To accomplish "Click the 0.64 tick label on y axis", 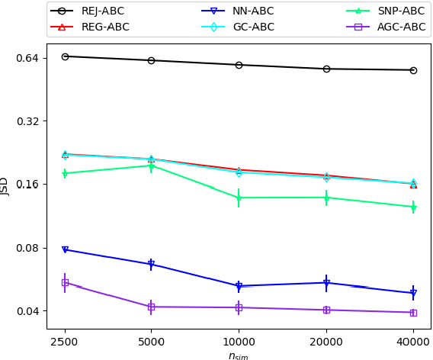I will pyautogui.click(x=27, y=58).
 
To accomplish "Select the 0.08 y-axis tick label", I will pyautogui.click(x=27, y=248).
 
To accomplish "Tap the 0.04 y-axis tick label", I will pyautogui.click(x=27, y=311).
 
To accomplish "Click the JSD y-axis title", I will pyautogui.click(x=5, y=185).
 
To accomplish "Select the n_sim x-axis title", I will pyautogui.click(x=239, y=355).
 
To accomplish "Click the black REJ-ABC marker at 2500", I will pyautogui.click(x=65, y=56).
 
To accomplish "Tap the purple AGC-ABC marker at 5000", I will pyautogui.click(x=151, y=307).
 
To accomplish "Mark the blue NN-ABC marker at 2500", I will pyautogui.click(x=65, y=249).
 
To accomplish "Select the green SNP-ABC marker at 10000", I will pyautogui.click(x=239, y=198).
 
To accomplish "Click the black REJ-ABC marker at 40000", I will pyautogui.click(x=413, y=70).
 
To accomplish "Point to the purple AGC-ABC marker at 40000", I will pyautogui.click(x=413, y=313).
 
